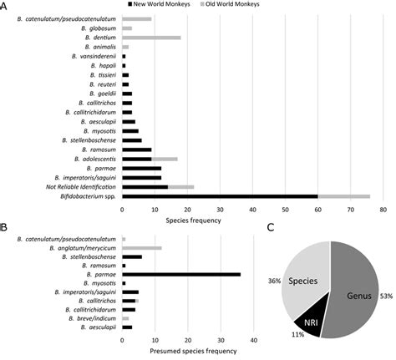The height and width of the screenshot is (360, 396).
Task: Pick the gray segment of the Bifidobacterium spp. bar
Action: [x=343, y=196]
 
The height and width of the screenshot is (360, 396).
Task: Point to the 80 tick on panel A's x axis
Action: [x=382, y=210]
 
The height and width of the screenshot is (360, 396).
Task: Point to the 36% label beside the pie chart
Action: [x=273, y=281]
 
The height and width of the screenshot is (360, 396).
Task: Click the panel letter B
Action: [x=5, y=227]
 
